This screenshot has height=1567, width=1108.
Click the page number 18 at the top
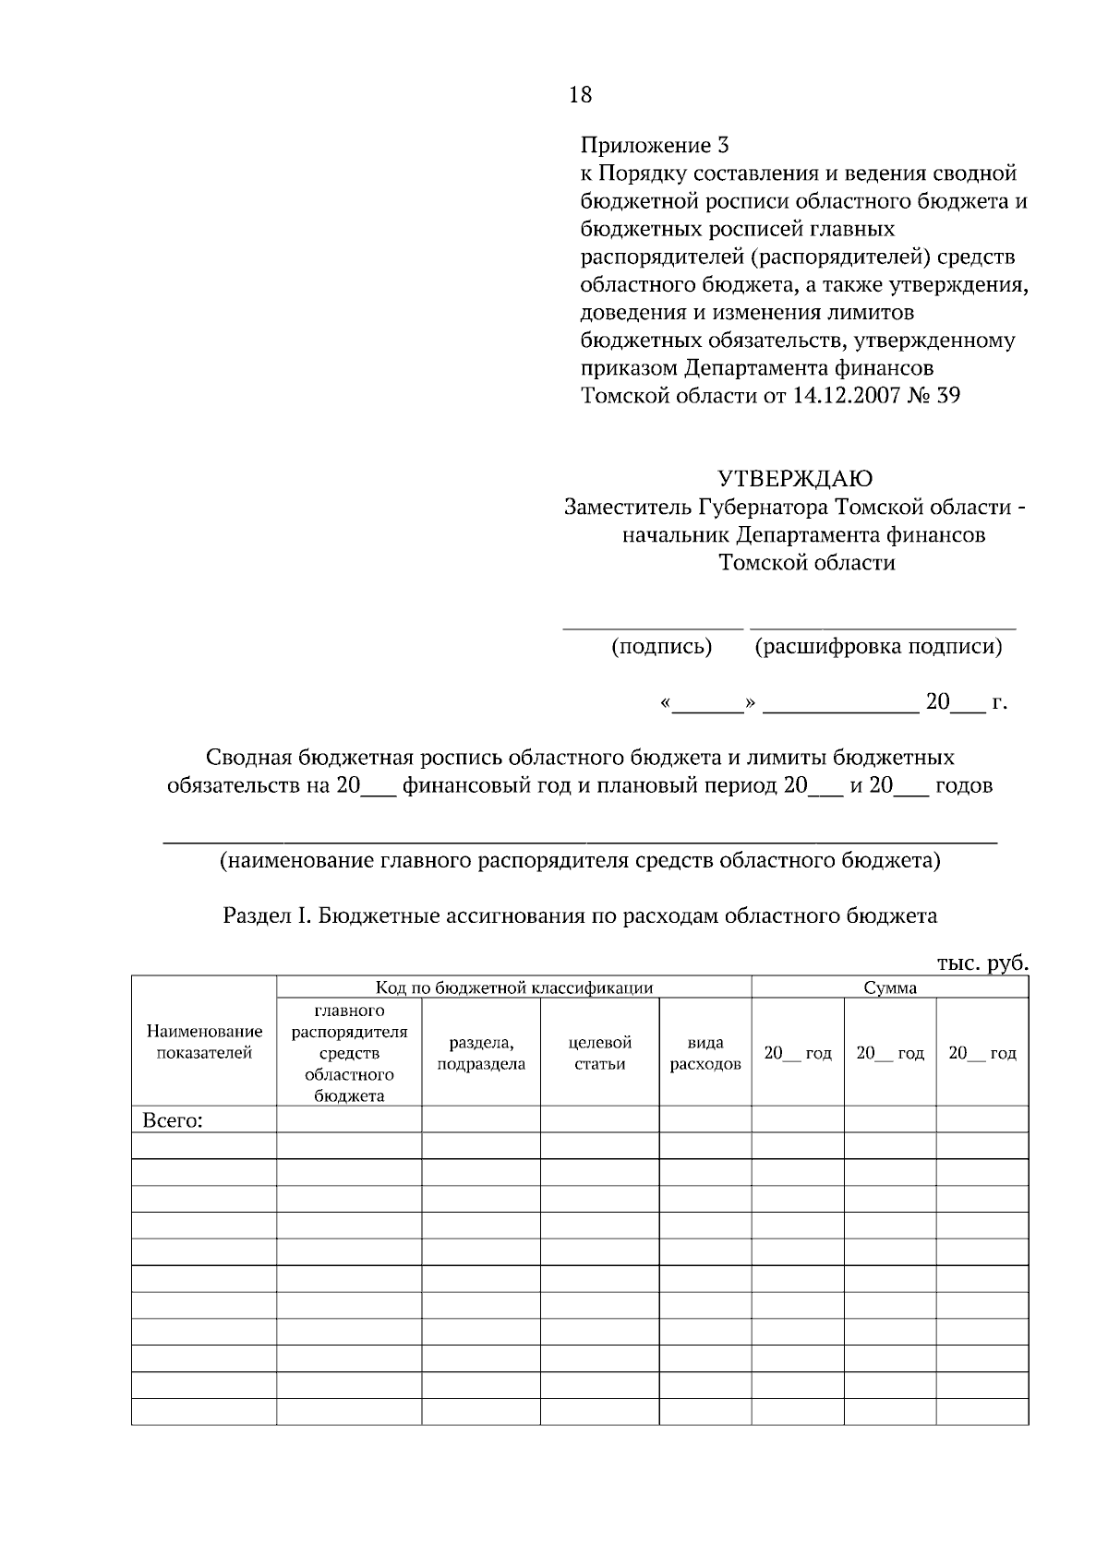click(x=581, y=94)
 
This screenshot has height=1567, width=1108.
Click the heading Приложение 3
click(x=654, y=145)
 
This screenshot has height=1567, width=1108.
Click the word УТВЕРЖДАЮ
click(x=795, y=479)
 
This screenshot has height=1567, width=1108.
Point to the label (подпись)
click(x=661, y=647)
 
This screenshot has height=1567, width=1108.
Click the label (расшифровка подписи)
click(x=878, y=647)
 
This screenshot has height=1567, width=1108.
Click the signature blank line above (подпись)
click(x=653, y=628)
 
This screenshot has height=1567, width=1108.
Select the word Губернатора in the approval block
click(x=764, y=508)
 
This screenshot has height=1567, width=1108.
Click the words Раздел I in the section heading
click(x=269, y=915)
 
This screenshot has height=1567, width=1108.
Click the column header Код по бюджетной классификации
click(x=513, y=987)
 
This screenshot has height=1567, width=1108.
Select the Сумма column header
click(x=890, y=987)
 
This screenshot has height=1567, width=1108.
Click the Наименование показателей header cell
click(x=204, y=1042)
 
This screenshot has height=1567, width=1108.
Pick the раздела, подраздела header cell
click(x=481, y=1053)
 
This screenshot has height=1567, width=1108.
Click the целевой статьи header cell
click(x=599, y=1053)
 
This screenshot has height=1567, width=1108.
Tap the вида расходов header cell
click(x=705, y=1053)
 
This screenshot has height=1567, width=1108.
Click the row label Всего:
click(x=173, y=1121)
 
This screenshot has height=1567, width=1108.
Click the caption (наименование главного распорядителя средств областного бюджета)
click(x=580, y=861)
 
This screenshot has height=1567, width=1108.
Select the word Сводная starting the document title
click(x=245, y=758)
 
